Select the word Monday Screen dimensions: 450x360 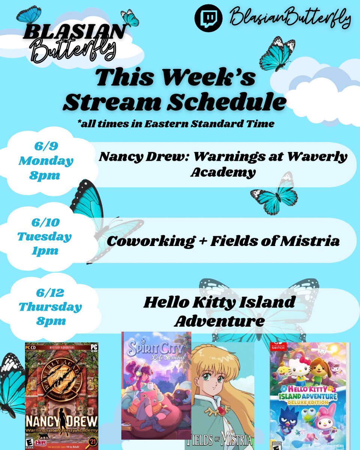coord(46,161)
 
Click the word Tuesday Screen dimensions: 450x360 coord(44,237)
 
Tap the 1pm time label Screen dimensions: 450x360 coord(44,251)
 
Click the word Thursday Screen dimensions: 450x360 coord(50,307)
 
